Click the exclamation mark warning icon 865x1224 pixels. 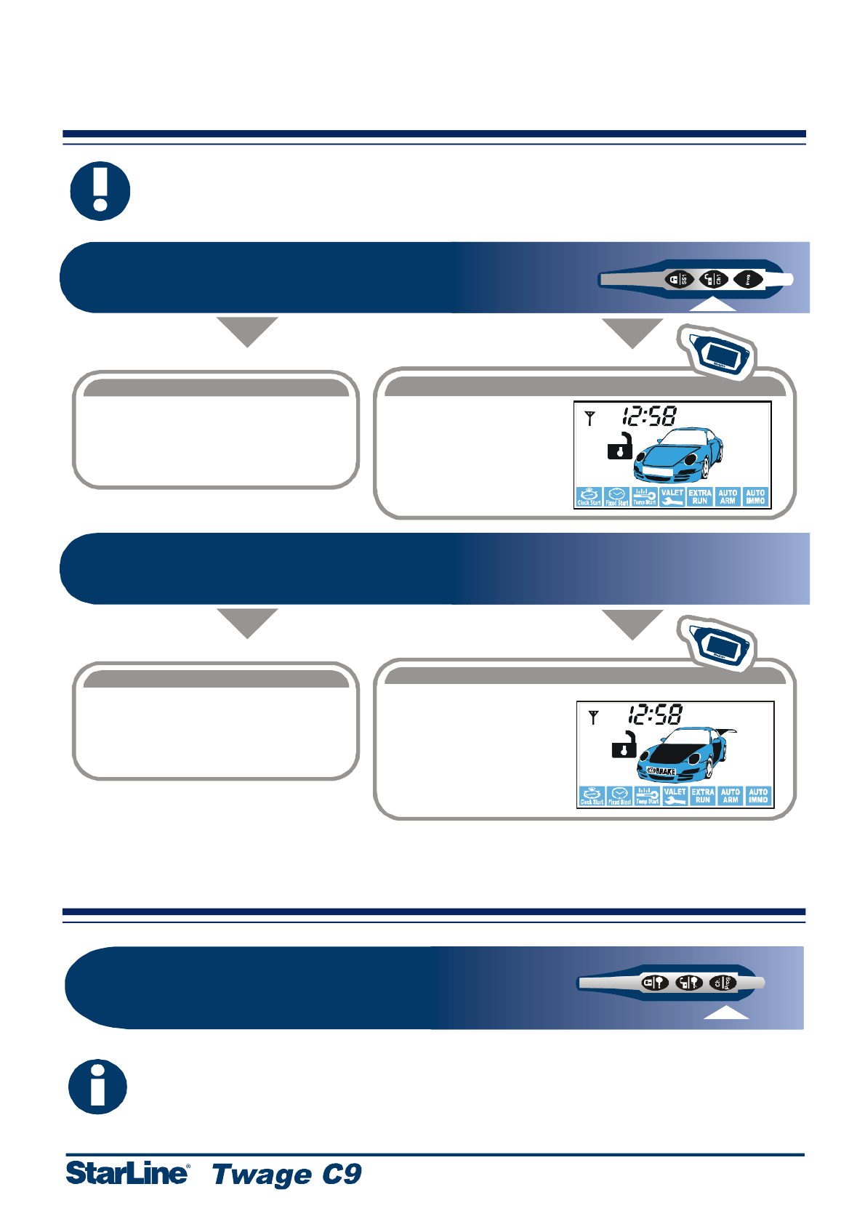[x=100, y=191]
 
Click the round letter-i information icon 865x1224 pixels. [x=97, y=1087]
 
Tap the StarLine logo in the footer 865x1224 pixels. [x=127, y=1172]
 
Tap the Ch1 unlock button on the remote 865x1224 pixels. [x=714, y=279]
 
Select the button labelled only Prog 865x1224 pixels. [x=748, y=279]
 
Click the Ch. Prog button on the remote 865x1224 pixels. [x=723, y=983]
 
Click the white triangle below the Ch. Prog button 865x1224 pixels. [x=726, y=1012]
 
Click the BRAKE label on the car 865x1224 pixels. [x=662, y=770]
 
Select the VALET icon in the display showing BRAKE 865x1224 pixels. [x=675, y=796]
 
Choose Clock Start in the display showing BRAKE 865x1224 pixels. [x=592, y=796]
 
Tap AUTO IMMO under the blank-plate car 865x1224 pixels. [x=755, y=496]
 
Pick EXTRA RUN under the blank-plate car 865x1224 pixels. [x=700, y=496]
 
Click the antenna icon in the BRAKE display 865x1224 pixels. [x=594, y=717]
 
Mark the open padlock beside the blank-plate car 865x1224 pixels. [x=620, y=446]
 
